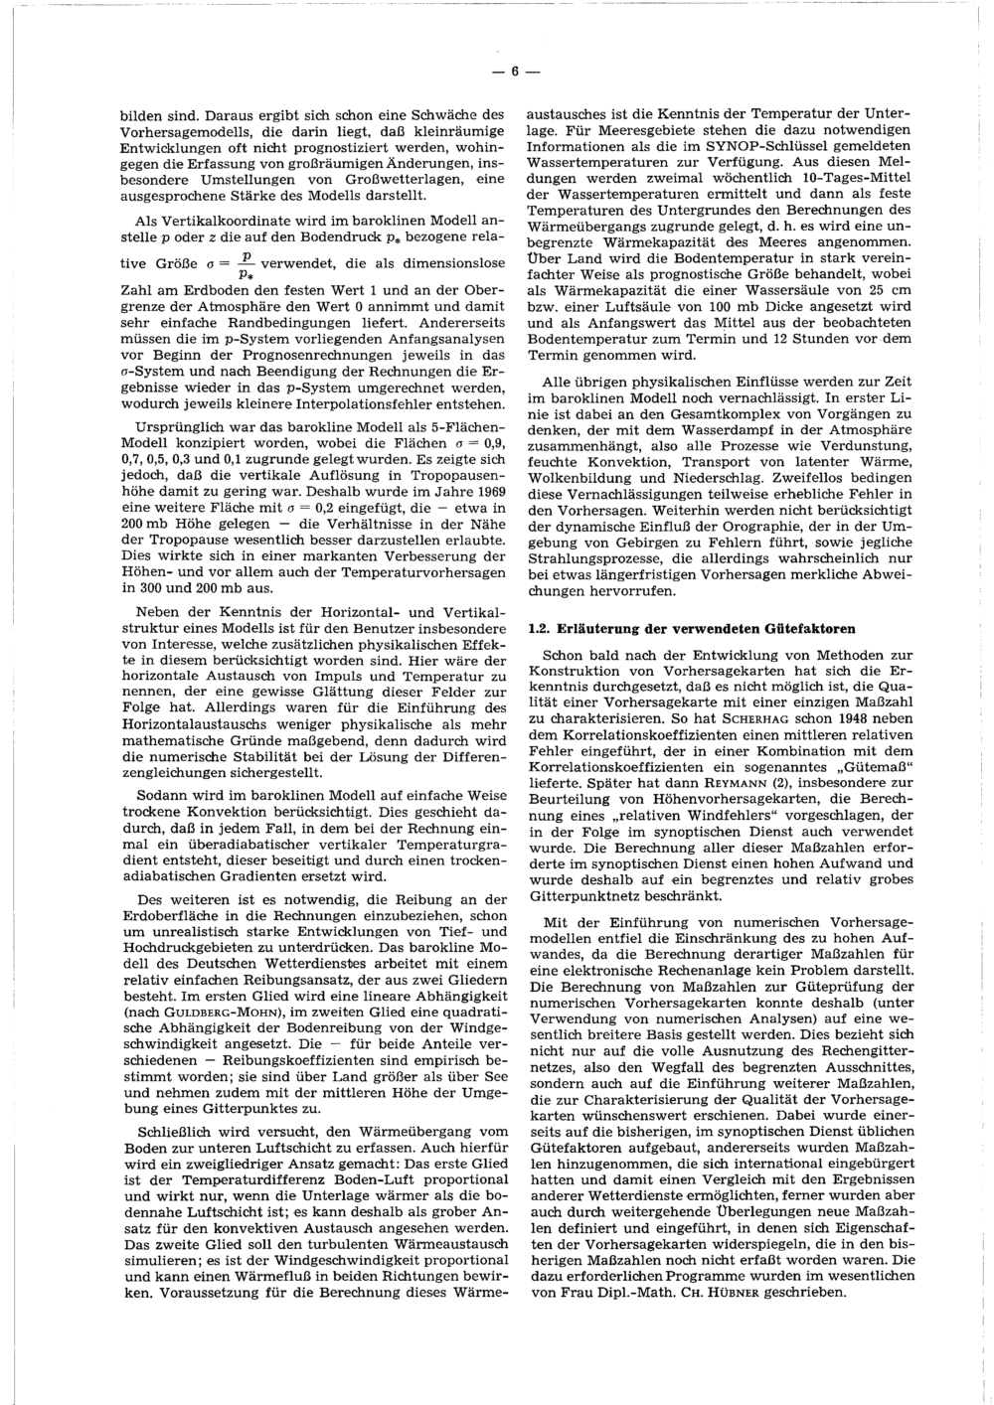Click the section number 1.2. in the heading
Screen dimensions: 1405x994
541,629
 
